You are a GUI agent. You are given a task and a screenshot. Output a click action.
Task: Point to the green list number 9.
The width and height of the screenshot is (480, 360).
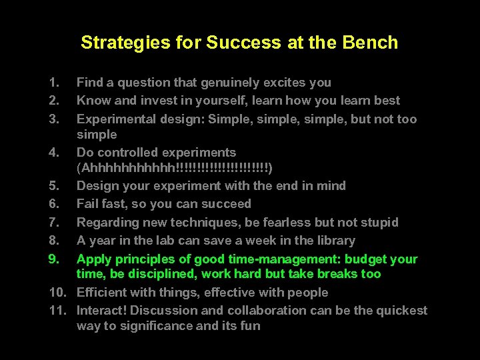(x=53, y=259)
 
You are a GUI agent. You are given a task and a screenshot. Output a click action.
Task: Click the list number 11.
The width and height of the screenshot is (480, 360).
(x=57, y=310)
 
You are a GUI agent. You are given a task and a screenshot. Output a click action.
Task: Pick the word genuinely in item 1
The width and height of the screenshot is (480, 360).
(x=220, y=83)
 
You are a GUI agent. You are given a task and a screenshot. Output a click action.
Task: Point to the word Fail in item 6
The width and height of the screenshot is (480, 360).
(x=88, y=204)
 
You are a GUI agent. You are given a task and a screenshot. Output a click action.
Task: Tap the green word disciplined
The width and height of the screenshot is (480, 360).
(x=164, y=274)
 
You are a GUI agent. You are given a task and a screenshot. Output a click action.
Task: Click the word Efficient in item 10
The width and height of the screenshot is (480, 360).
(x=103, y=292)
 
